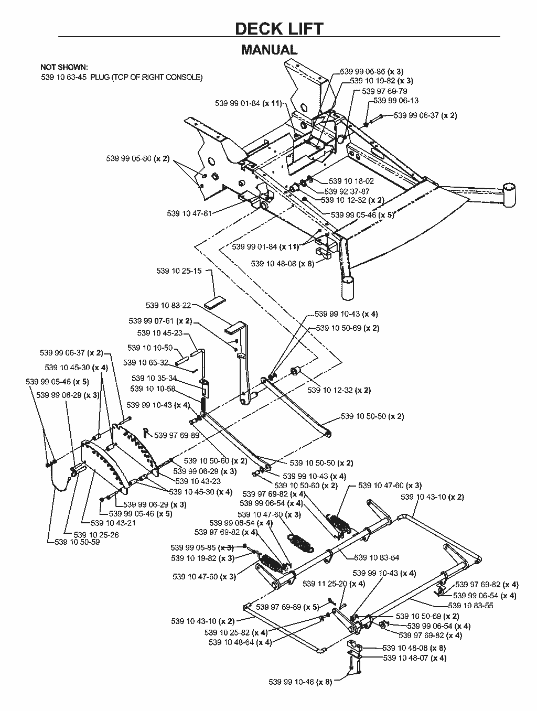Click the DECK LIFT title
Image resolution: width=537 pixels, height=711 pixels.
point(279,28)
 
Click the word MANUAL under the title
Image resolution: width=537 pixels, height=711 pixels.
point(269,50)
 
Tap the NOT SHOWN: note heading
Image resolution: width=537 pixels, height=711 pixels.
point(64,67)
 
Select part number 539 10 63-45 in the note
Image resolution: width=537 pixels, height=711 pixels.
point(64,77)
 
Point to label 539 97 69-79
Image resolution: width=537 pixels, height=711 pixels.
point(384,91)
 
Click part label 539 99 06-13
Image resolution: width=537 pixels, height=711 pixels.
point(396,101)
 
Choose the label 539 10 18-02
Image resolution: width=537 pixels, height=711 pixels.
point(351,181)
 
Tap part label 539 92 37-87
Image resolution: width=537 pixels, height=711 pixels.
point(347,191)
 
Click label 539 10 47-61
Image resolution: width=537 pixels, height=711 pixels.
point(189,213)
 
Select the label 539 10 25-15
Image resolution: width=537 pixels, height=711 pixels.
point(179,271)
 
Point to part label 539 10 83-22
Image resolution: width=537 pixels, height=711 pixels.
point(168,306)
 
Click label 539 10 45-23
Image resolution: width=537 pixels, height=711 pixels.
point(159,333)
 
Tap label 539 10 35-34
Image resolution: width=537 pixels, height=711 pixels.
point(154,379)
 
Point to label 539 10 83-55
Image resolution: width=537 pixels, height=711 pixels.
point(470,606)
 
